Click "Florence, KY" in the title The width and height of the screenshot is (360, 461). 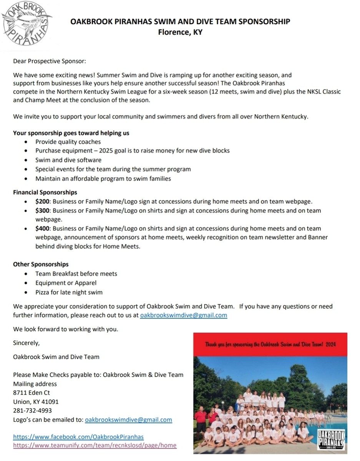[x=180, y=32]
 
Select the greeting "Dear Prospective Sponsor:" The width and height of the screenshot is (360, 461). [x=50, y=61]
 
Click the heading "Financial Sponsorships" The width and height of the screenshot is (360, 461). [x=45, y=192]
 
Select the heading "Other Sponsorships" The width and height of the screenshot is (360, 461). [x=41, y=264]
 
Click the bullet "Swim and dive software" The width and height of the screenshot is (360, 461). [x=68, y=160]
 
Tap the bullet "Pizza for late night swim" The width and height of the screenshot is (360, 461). [x=69, y=292]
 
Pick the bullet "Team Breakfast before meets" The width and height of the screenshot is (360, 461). [x=76, y=274]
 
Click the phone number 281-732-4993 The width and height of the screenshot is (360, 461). [x=32, y=411]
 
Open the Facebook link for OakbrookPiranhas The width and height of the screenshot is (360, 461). [x=78, y=437]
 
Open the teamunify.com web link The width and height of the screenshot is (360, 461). [x=95, y=446]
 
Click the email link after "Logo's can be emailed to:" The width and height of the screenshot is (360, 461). [x=128, y=420]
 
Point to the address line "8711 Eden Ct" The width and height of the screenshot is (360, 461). [x=32, y=393]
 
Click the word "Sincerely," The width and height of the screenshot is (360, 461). [x=26, y=343]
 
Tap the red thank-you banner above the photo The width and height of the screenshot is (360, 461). [x=270, y=345]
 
